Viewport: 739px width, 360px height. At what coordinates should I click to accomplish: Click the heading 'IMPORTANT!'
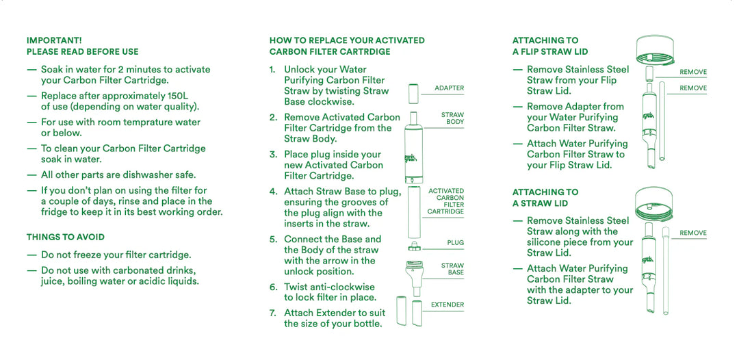pyautogui.click(x=54, y=40)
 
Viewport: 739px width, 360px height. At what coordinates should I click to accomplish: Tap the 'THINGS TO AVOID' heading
pyautogui.click(x=66, y=237)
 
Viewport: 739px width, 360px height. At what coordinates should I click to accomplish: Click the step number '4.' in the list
pyautogui.click(x=273, y=192)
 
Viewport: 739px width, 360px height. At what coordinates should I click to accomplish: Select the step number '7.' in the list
pyautogui.click(x=273, y=313)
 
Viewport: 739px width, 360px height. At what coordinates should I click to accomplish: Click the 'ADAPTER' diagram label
pyautogui.click(x=449, y=88)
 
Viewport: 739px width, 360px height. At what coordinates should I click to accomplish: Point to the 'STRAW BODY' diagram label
pyautogui.click(x=452, y=118)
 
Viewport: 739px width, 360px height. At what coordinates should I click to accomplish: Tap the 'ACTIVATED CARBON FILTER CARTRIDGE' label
pyautogui.click(x=446, y=201)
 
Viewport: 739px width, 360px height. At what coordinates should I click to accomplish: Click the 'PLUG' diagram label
pyautogui.click(x=455, y=243)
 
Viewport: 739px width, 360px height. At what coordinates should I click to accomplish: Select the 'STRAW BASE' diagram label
pyautogui.click(x=452, y=269)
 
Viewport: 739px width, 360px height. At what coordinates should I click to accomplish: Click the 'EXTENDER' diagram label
pyautogui.click(x=448, y=305)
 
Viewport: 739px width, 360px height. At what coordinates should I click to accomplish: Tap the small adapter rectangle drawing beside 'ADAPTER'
pyautogui.click(x=413, y=93)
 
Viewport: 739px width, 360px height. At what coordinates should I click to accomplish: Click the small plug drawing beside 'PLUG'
pyautogui.click(x=413, y=246)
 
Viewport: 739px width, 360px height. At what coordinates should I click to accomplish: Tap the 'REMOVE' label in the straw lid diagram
pyautogui.click(x=692, y=233)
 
